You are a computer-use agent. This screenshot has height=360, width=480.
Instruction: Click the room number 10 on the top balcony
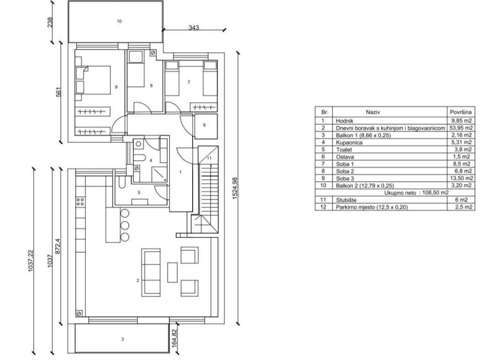click(x=119, y=21)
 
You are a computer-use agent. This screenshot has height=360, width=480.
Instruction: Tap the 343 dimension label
click(x=194, y=28)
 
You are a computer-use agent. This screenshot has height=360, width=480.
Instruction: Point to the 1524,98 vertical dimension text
click(x=235, y=188)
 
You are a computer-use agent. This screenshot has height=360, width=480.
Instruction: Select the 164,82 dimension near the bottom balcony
click(x=174, y=338)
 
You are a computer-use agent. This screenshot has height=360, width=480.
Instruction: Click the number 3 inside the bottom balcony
click(x=122, y=339)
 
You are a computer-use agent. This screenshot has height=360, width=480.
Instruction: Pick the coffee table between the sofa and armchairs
click(x=172, y=272)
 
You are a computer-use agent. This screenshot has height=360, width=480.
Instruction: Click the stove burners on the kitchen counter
click(x=80, y=202)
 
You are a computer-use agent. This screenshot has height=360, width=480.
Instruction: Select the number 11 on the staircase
click(x=210, y=158)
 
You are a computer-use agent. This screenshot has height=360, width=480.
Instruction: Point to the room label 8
click(x=151, y=86)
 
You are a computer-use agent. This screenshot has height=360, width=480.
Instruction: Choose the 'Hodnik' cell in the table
click(x=345, y=121)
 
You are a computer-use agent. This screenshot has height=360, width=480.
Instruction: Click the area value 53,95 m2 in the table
click(x=461, y=128)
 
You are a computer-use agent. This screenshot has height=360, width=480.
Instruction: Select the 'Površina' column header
click(x=461, y=112)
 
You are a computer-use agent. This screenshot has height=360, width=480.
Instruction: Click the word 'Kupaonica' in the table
click(x=349, y=142)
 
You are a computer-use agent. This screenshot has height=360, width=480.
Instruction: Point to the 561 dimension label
click(x=59, y=92)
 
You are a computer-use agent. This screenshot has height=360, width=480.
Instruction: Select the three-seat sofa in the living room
click(x=151, y=272)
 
